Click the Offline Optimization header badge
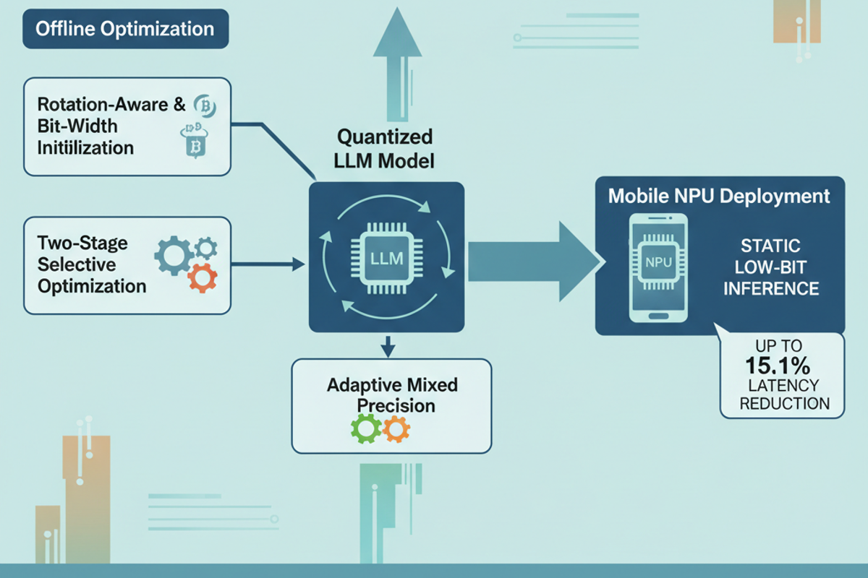(126, 29)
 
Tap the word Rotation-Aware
(103, 105)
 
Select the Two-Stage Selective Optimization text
(92, 265)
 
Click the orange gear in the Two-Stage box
(203, 277)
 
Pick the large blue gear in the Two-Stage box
(174, 256)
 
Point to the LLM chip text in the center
(386, 259)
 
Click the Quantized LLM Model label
(384, 149)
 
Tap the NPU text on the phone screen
(658, 262)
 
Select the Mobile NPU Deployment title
(719, 196)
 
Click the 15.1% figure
(778, 365)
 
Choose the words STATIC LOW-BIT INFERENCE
(771, 267)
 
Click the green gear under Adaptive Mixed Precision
(366, 428)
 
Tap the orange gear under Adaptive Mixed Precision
(396, 429)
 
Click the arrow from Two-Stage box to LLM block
(268, 264)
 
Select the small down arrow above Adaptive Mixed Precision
(388, 347)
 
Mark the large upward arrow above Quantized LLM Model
(397, 64)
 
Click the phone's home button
(658, 316)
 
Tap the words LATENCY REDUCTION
(784, 394)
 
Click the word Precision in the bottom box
(396, 406)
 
